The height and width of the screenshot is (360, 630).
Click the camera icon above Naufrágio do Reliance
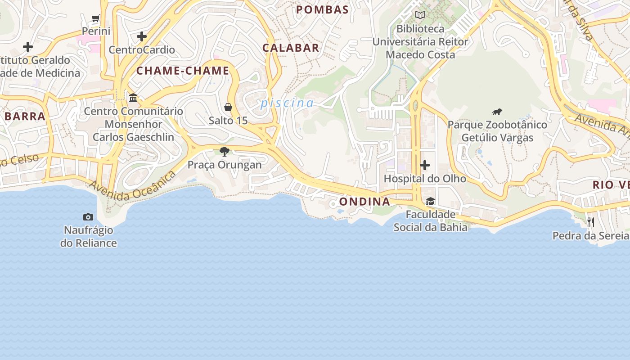click(x=88, y=217)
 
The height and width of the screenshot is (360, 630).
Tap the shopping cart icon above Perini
click(x=95, y=18)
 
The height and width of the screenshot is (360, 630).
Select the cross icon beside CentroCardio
click(x=142, y=36)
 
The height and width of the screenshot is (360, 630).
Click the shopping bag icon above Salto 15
click(x=228, y=107)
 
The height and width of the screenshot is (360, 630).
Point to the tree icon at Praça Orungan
click(x=225, y=151)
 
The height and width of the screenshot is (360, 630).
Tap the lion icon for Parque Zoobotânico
click(x=497, y=112)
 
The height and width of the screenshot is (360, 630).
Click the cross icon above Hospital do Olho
click(x=424, y=166)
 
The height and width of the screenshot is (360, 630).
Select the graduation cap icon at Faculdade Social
click(x=430, y=201)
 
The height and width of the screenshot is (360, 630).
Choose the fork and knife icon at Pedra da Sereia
click(x=591, y=222)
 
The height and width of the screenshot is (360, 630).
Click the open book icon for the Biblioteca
click(x=420, y=15)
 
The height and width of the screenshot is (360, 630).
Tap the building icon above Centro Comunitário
click(x=133, y=98)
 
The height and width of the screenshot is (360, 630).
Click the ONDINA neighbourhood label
click(x=364, y=202)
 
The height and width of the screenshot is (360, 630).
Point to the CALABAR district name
click(x=291, y=48)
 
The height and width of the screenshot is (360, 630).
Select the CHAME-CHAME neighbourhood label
click(x=183, y=71)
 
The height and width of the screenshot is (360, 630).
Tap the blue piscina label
click(x=287, y=103)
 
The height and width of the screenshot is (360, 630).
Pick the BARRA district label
click(x=25, y=116)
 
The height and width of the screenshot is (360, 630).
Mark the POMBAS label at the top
click(x=323, y=9)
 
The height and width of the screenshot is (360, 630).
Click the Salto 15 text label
click(x=228, y=121)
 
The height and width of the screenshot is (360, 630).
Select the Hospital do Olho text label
click(x=424, y=179)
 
